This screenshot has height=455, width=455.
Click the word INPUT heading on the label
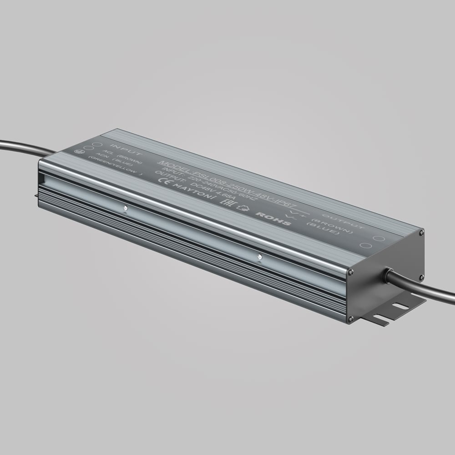pyautogui.click(x=121, y=150)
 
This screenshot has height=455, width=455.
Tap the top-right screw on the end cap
pyautogui.click(x=421, y=232)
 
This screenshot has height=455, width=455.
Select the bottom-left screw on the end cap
pyautogui.click(x=349, y=319)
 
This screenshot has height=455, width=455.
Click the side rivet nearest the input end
pyautogui.click(x=125, y=209)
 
